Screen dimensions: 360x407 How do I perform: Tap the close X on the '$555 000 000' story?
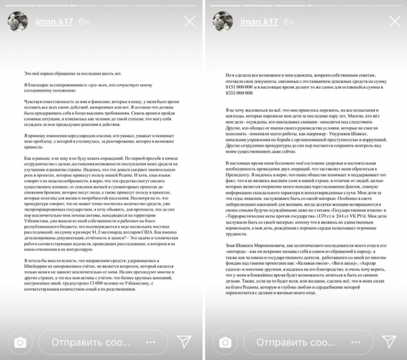pyautogui.click(x=394, y=22)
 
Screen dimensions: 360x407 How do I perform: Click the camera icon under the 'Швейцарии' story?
pyautogui.click(x=20, y=343)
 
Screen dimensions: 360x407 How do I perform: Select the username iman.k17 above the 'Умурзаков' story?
pyautogui.click(x=252, y=21)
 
